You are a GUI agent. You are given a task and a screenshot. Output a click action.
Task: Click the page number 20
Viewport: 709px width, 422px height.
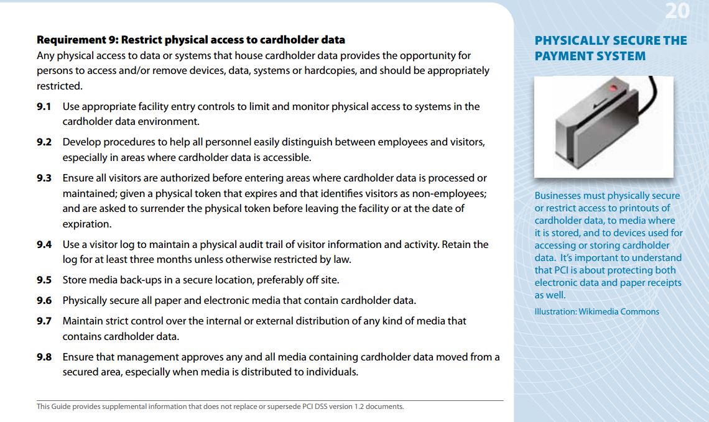coord(677,11)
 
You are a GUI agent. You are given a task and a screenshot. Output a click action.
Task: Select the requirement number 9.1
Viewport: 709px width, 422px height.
coord(44,107)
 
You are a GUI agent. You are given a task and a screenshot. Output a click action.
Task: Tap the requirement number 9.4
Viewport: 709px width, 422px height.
coord(44,245)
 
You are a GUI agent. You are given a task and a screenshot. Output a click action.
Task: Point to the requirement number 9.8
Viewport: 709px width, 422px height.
coord(44,357)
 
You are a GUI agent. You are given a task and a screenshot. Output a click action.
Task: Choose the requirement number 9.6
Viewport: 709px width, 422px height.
coord(44,301)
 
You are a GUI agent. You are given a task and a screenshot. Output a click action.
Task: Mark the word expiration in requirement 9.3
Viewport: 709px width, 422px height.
coord(86,224)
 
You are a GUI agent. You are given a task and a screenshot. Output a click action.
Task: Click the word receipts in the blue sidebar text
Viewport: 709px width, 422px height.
coord(660,283)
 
